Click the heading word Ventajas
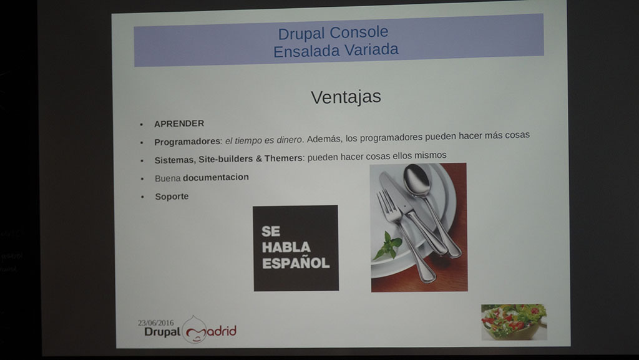coord(346,97)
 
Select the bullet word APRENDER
coord(179,124)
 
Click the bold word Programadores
coord(187,142)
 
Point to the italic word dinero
coord(290,140)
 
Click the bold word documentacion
coord(215,177)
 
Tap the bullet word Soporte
coord(172,197)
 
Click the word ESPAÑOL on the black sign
coord(296,263)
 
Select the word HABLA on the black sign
coord(286,247)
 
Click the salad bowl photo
coord(514,322)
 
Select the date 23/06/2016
coord(155,323)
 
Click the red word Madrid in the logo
coord(214,331)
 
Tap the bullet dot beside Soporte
coord(142,197)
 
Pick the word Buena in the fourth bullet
coord(167,178)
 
